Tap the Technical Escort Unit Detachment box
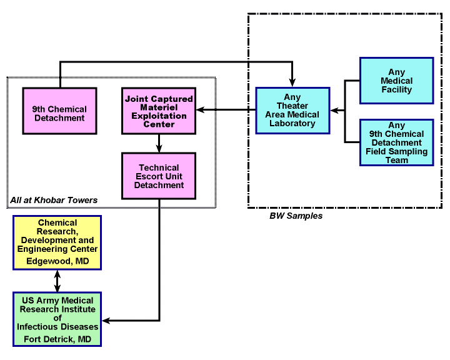(159, 176)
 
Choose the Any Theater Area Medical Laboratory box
(292, 110)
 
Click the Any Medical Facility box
(396, 81)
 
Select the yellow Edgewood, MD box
(57, 242)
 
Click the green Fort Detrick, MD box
(57, 318)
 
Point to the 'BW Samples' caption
(296, 216)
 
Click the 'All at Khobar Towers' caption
(54, 200)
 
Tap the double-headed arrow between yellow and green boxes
(57, 281)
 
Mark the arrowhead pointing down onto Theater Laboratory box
(292, 82)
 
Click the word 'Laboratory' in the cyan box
(292, 123)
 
